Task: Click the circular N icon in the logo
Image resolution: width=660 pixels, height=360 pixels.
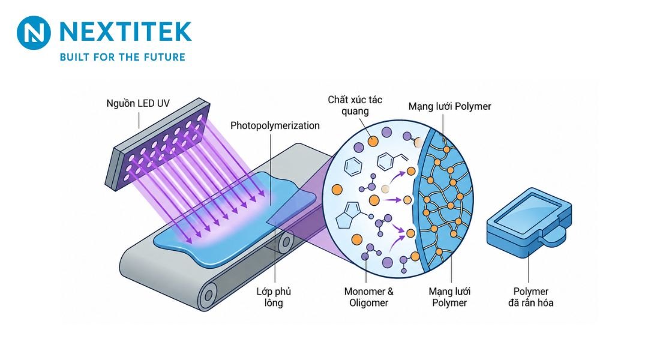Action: click(x=34, y=33)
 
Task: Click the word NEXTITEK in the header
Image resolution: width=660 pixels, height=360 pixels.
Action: click(x=125, y=32)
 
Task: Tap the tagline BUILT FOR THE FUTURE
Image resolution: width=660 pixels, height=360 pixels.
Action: click(x=122, y=57)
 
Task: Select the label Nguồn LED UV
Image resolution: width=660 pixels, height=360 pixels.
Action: click(x=137, y=104)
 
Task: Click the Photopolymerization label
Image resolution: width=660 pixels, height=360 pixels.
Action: click(x=275, y=126)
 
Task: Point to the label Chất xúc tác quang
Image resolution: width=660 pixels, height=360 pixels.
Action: click(x=355, y=105)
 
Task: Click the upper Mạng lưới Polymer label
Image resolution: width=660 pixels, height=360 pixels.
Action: click(x=449, y=106)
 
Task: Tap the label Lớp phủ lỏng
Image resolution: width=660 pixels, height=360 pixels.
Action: click(x=274, y=297)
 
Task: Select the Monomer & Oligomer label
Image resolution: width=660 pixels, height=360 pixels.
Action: click(x=369, y=297)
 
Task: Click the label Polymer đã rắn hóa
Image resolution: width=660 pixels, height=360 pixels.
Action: click(x=531, y=297)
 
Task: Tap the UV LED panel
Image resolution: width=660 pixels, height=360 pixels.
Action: click(x=157, y=144)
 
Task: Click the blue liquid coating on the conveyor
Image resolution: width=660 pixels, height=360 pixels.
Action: click(x=236, y=219)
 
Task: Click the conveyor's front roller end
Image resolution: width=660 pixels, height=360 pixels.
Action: click(x=208, y=295)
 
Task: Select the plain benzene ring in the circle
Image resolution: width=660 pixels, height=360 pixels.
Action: click(x=353, y=166)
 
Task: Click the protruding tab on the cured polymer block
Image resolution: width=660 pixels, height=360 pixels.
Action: click(x=554, y=236)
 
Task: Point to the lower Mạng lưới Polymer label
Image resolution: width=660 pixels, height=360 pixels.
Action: click(x=449, y=297)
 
